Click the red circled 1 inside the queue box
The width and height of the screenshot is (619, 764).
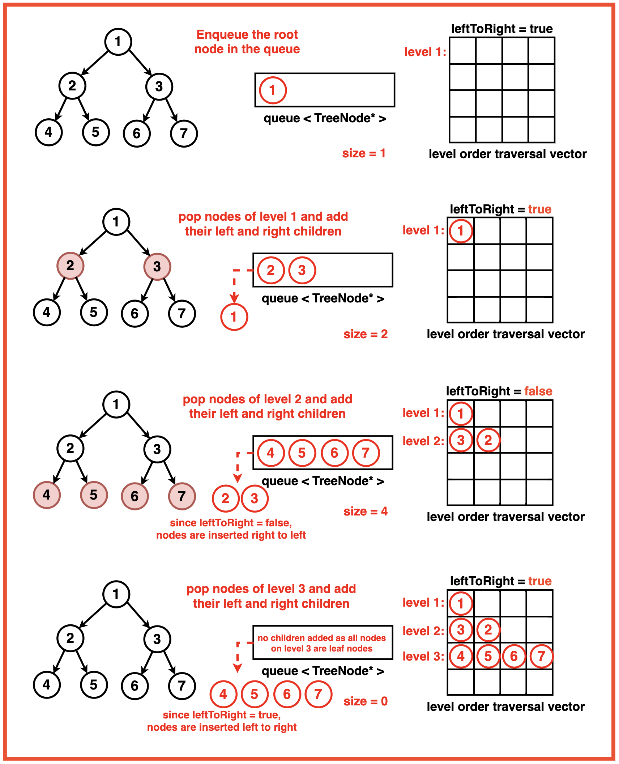click(x=273, y=90)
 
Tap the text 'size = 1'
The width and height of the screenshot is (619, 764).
click(x=364, y=153)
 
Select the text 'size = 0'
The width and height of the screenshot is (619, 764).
click(x=366, y=701)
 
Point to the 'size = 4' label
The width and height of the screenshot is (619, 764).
click(x=366, y=511)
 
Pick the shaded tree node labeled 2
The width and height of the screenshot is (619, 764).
click(x=71, y=266)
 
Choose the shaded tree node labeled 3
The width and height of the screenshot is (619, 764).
click(x=157, y=267)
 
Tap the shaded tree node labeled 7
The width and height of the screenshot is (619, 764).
click(x=182, y=496)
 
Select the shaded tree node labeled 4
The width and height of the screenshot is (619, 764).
click(x=47, y=495)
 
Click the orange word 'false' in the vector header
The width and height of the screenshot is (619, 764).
click(x=538, y=391)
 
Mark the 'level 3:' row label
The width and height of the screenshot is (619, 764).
click(x=423, y=656)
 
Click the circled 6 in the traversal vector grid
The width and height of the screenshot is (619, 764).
click(x=513, y=656)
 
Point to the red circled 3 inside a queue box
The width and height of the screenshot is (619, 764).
click(x=302, y=270)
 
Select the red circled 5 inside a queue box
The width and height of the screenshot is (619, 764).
click(x=302, y=453)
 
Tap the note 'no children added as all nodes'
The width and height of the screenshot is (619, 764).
click(x=322, y=638)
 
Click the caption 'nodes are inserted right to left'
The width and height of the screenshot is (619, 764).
click(x=231, y=535)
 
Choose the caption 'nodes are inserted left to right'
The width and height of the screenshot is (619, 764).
click(x=222, y=727)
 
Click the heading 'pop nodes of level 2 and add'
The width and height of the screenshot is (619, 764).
click(x=268, y=399)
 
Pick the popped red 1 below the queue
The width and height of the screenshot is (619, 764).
click(x=234, y=317)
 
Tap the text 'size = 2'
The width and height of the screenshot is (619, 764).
click(x=366, y=334)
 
